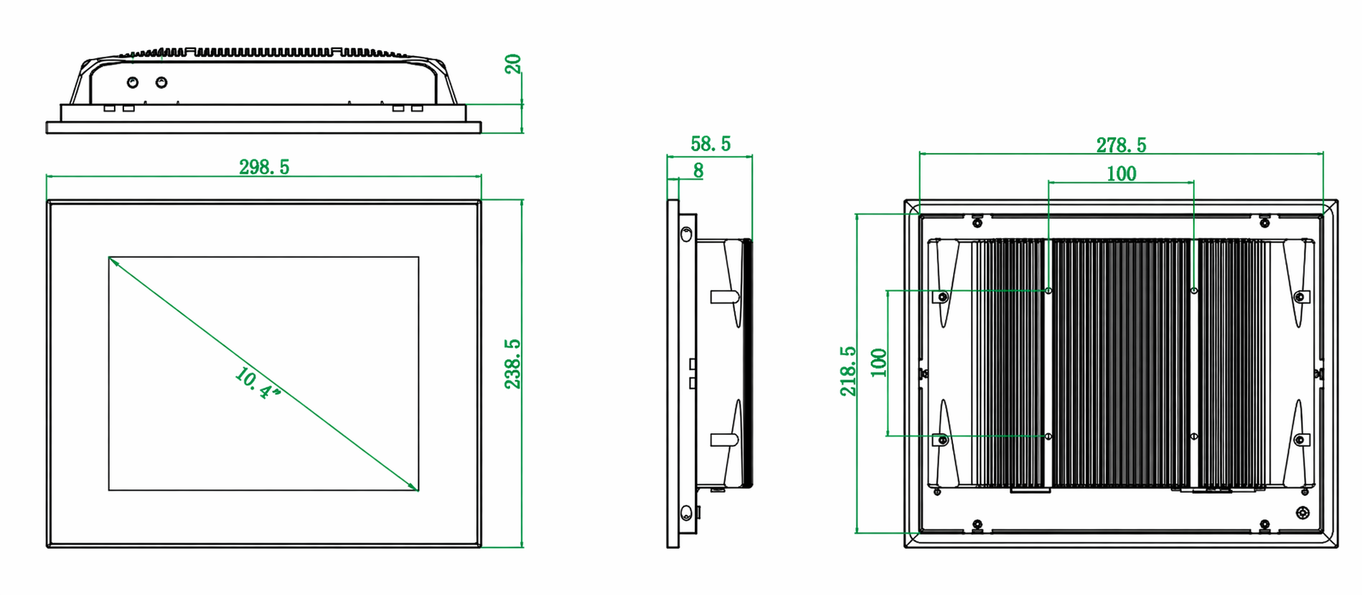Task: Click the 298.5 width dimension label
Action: tap(264, 167)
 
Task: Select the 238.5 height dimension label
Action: tap(512, 364)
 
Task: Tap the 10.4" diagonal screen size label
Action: tap(257, 383)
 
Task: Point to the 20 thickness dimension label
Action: tap(512, 64)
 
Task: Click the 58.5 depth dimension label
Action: tap(710, 144)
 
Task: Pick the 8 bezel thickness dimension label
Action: tap(698, 171)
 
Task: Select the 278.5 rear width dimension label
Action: tap(1121, 145)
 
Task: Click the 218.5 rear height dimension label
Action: tap(848, 371)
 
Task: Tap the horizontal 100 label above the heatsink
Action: tap(1121, 174)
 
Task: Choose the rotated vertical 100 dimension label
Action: tap(878, 362)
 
